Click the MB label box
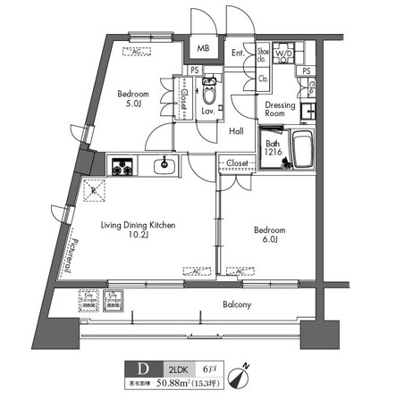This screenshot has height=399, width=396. click(203, 49)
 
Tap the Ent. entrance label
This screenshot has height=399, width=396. click(239, 54)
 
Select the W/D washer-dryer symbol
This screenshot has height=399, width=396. click(282, 55)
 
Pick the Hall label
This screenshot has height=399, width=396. click(237, 130)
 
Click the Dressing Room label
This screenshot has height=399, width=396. click(280, 109)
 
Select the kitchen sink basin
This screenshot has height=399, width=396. click(164, 165)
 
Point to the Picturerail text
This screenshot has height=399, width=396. click(71, 254)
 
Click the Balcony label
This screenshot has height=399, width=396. click(236, 305)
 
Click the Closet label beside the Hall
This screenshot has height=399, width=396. click(237, 163)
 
